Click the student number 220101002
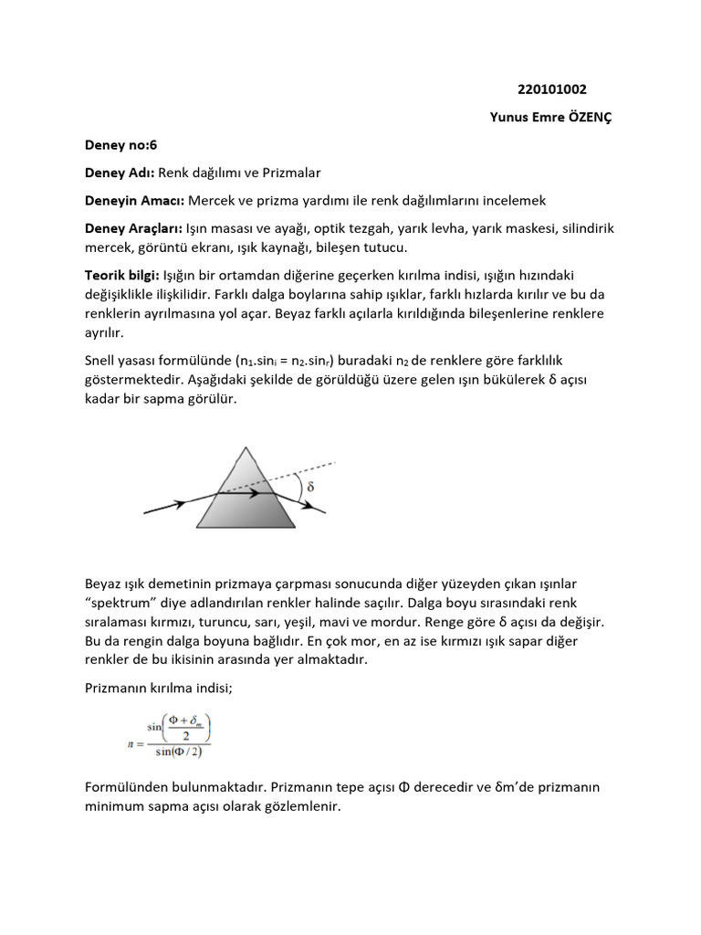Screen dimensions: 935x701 [x=551, y=89]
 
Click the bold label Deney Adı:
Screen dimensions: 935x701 [x=120, y=172]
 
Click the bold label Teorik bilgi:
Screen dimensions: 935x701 [x=121, y=275]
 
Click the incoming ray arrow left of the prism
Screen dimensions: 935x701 [x=173, y=503]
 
